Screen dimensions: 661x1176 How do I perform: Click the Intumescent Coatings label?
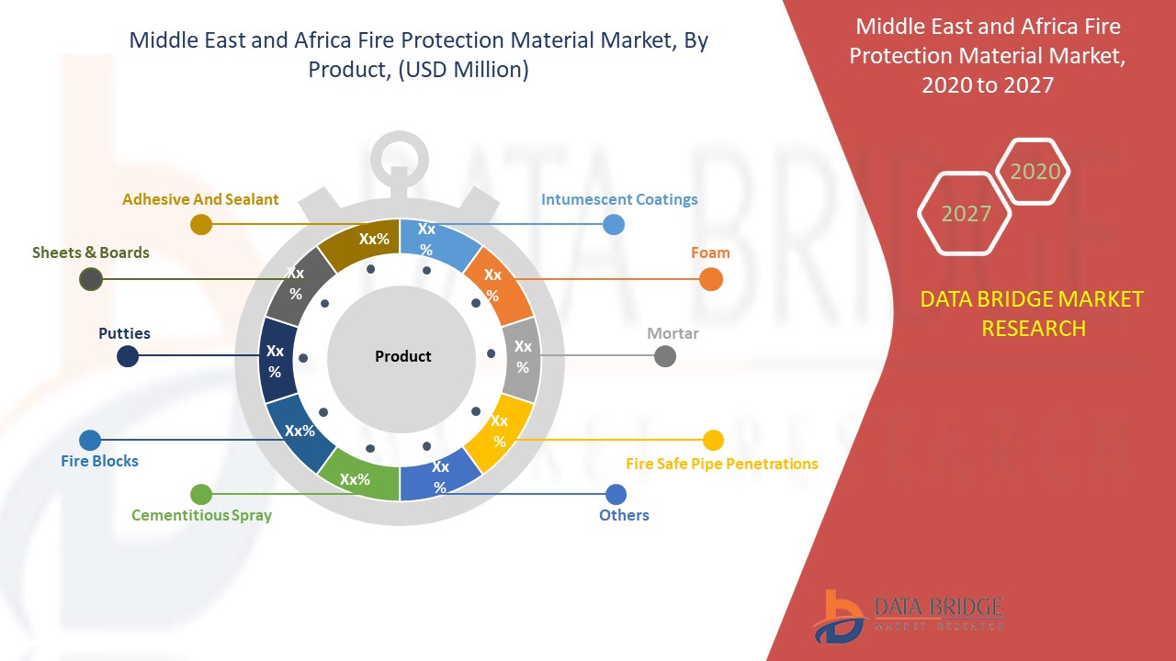[x=619, y=199]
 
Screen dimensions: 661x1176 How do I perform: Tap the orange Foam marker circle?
[x=710, y=279]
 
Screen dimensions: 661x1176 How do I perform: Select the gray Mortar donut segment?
[x=522, y=357]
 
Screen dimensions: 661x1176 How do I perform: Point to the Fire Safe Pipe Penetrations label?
[x=721, y=464]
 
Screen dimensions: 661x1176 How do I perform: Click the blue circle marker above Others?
[x=616, y=495]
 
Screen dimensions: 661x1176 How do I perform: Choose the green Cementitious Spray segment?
[x=356, y=478]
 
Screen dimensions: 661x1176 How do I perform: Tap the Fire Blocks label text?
[x=99, y=461]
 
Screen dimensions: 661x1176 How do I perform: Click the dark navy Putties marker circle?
[x=128, y=356]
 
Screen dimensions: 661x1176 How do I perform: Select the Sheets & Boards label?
[x=90, y=252]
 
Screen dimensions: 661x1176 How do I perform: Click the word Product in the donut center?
[x=402, y=356]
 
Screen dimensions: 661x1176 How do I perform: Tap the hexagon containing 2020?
[x=1035, y=172]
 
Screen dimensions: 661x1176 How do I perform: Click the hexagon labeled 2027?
[x=966, y=214]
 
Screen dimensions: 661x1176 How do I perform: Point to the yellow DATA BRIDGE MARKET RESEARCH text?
[x=1033, y=313]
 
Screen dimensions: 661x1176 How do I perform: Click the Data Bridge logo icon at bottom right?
[x=839, y=616]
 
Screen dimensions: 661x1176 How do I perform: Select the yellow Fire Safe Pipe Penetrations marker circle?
[x=713, y=440]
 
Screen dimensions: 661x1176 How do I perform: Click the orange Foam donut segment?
[x=496, y=284]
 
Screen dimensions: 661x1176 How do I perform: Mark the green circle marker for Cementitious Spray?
[x=201, y=495]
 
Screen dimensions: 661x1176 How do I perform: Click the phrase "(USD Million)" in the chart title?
[x=463, y=70]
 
